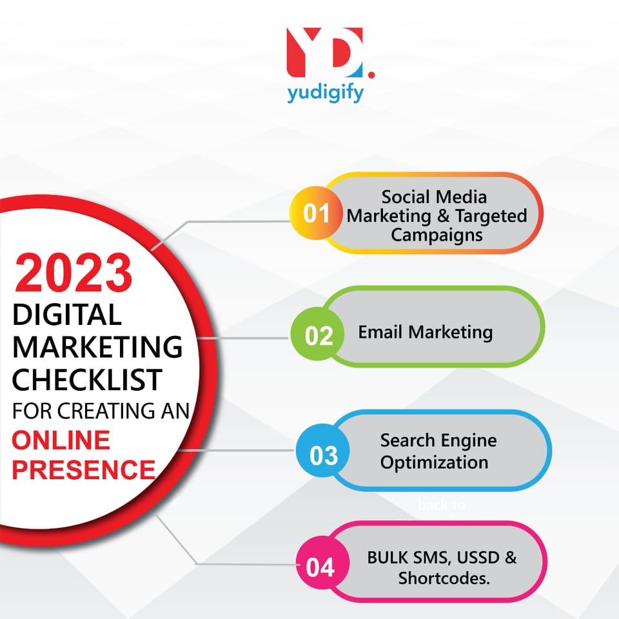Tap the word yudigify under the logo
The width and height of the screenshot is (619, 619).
(x=326, y=93)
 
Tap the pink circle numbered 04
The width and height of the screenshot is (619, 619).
(x=320, y=567)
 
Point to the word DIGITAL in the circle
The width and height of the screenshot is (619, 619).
(x=67, y=315)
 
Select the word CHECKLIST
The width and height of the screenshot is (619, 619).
(x=88, y=380)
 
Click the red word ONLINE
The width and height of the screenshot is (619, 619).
(x=61, y=440)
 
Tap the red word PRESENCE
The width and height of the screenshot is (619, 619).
(x=84, y=469)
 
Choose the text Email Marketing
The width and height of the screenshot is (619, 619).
(x=426, y=332)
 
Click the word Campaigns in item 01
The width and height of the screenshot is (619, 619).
(x=437, y=234)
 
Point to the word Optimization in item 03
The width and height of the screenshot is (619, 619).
(x=434, y=462)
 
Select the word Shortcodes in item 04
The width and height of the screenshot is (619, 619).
(x=442, y=578)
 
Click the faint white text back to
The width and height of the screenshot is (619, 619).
(x=441, y=504)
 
